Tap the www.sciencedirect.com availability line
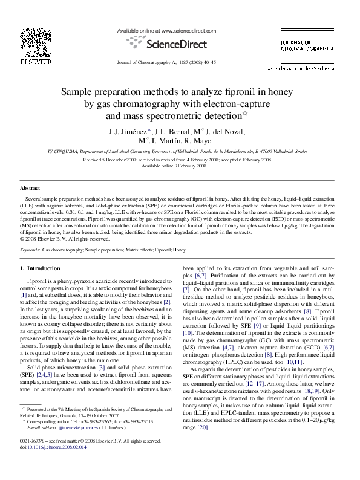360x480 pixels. click(166, 30)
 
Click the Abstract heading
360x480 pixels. click(30, 189)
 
